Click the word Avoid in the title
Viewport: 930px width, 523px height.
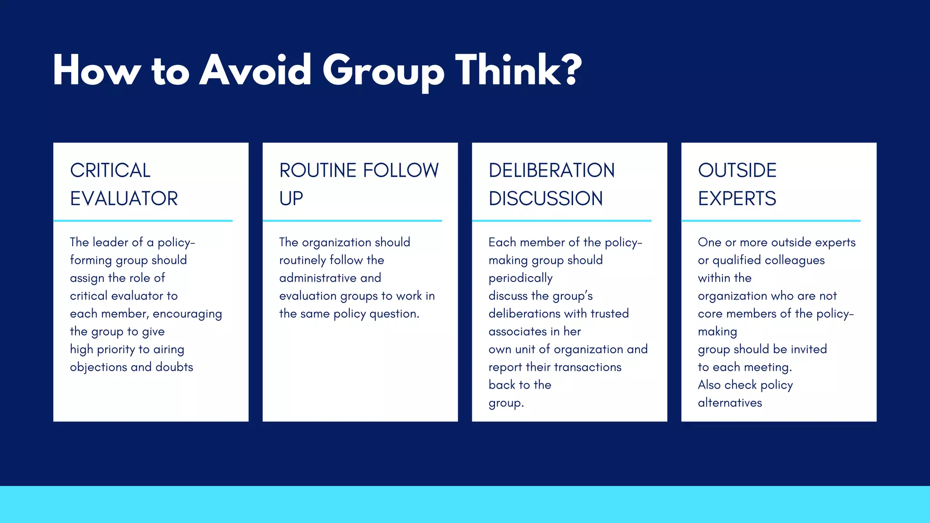pos(255,70)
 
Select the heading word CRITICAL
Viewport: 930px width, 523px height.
pos(110,171)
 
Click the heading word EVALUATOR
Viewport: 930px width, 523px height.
pos(124,199)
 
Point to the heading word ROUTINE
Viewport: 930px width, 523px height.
pos(317,171)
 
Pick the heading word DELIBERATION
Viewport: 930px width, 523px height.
pos(552,171)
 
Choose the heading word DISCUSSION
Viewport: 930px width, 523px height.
pos(546,199)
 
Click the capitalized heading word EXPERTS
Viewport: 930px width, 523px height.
pos(737,199)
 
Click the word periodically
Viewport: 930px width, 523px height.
pos(520,278)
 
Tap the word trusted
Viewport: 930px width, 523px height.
pos(609,314)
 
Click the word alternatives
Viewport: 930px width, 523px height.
pos(730,403)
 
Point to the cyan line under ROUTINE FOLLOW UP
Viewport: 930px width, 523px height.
pos(352,221)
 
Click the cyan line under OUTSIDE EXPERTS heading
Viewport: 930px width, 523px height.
pos(771,221)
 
